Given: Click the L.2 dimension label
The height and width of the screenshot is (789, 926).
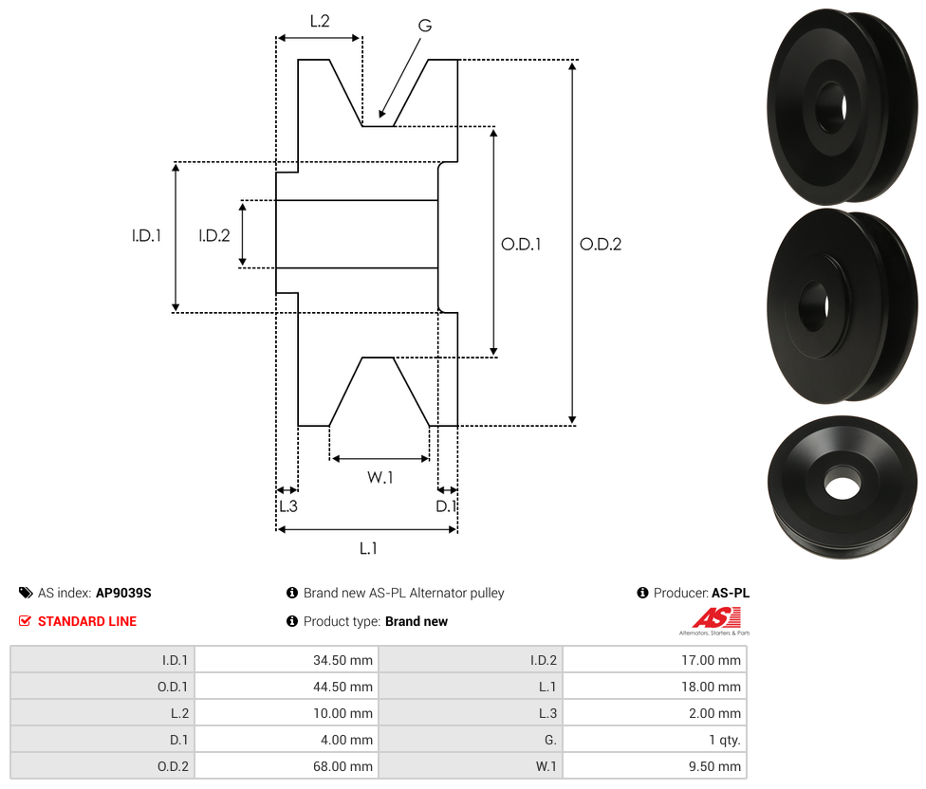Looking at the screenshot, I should click(x=319, y=20).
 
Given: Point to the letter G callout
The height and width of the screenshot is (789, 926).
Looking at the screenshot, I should click(x=424, y=26).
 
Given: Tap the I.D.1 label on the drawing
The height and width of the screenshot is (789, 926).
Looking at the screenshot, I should click(x=146, y=236).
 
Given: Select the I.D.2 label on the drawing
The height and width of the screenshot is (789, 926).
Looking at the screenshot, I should click(x=214, y=236).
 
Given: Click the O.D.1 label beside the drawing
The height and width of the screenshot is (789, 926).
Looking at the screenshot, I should click(x=521, y=244).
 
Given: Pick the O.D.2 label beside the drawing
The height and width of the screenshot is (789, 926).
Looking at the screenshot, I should click(x=601, y=244).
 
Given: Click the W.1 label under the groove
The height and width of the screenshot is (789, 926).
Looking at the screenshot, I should click(x=380, y=478).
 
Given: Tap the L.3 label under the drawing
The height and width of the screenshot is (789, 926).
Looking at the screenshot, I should click(x=287, y=506).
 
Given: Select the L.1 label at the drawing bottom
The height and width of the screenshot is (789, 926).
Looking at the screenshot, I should click(x=368, y=548).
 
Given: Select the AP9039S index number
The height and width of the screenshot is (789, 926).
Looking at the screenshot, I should click(x=123, y=593).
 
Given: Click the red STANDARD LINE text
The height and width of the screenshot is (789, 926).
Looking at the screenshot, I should click(x=87, y=621).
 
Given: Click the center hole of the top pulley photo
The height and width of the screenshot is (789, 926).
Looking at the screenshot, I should click(x=832, y=106).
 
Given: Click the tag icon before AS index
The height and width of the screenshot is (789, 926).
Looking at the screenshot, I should click(x=26, y=593).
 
